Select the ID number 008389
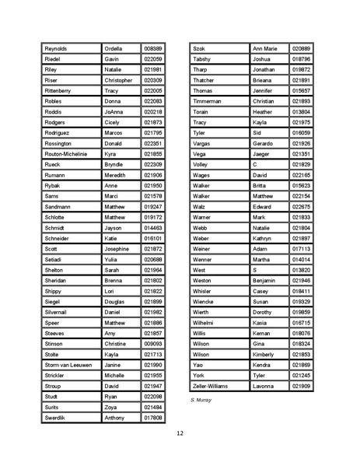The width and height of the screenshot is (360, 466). click(153, 48)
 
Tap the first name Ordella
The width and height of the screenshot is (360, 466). click(115, 48)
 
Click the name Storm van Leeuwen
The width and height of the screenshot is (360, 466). click(68, 365)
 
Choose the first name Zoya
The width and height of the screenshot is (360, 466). click(112, 407)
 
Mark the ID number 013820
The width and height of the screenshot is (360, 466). click(301, 270)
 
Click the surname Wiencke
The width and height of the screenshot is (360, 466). click(204, 301)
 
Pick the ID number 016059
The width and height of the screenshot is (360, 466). click(301, 133)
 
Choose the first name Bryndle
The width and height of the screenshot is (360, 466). click(114, 165)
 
